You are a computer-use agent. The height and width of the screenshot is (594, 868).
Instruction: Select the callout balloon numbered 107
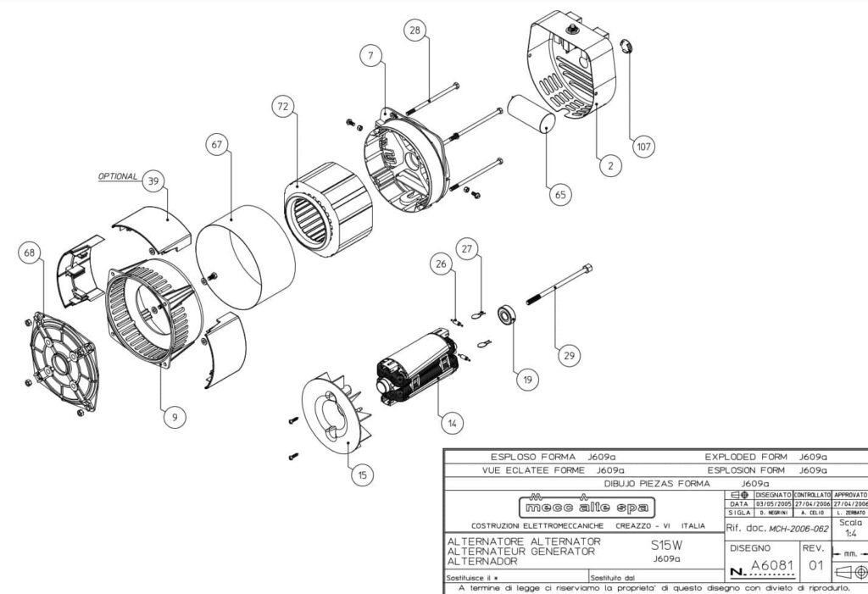tap(644, 147)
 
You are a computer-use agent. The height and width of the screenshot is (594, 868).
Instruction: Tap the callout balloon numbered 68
tap(31, 253)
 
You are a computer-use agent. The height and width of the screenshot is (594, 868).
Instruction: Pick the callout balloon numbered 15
tap(362, 475)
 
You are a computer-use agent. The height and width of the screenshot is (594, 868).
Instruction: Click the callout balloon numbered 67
tap(218, 145)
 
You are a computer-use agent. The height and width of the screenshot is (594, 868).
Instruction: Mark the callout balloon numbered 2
tap(609, 166)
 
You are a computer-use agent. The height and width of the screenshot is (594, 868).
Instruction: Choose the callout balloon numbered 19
tap(526, 381)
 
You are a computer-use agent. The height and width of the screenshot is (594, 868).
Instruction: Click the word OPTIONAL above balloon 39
tap(118, 176)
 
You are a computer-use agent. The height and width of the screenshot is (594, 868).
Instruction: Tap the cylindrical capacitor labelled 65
tap(531, 114)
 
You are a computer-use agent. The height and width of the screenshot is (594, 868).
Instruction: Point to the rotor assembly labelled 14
tap(418, 367)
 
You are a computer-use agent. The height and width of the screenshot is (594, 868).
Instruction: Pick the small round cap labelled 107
tap(626, 45)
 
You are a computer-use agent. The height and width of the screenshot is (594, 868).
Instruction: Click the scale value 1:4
tap(849, 536)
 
